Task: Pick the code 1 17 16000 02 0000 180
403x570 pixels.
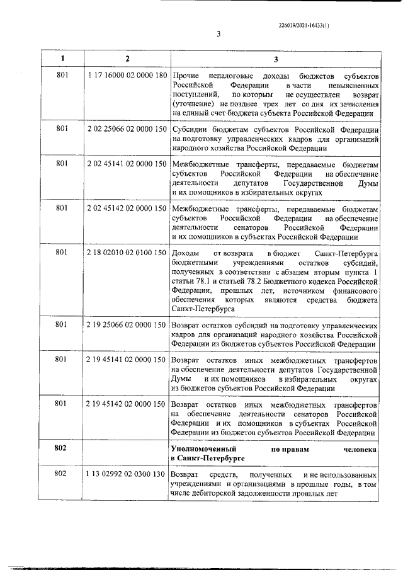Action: [x=128, y=76]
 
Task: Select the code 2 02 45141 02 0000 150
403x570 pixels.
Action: [x=128, y=164]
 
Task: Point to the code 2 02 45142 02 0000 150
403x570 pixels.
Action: [x=128, y=208]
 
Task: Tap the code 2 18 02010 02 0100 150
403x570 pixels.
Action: [x=128, y=253]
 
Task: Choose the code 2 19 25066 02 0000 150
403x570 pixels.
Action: [x=128, y=324]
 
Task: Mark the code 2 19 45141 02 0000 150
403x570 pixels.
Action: [x=128, y=360]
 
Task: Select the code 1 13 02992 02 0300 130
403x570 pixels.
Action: [x=128, y=473]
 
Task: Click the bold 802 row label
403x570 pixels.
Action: [x=62, y=447]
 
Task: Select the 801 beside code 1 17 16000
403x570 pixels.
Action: [x=62, y=76]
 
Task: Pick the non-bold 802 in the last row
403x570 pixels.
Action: [x=62, y=473]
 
